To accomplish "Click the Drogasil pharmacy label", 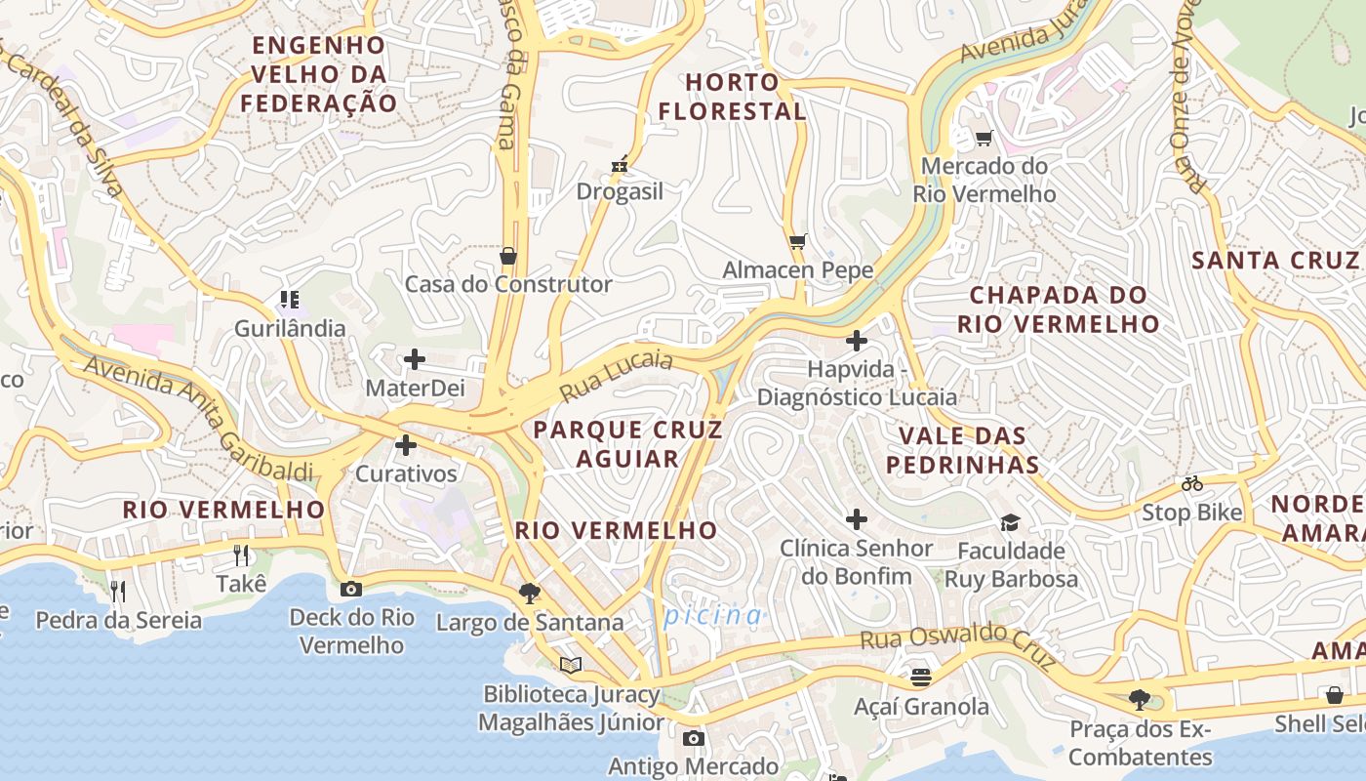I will click(620, 191).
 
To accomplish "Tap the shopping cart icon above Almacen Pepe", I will click(798, 241).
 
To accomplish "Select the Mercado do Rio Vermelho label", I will click(984, 180).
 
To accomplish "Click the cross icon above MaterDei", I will click(415, 359).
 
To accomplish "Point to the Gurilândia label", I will click(290, 328).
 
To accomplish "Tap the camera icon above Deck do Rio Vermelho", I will click(351, 589).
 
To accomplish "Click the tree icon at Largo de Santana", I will click(530, 593).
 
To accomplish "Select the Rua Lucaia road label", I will click(617, 377).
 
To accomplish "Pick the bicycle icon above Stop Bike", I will click(1191, 483).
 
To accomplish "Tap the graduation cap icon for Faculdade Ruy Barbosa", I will click(1010, 523).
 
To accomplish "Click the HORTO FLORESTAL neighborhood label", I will click(732, 97).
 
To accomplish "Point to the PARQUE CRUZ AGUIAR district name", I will click(627, 444).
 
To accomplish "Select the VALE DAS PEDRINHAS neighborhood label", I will click(963, 449).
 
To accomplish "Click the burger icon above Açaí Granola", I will click(920, 676).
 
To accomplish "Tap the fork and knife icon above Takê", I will click(241, 555).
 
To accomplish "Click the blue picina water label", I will click(713, 615).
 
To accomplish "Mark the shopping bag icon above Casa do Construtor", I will click(508, 256).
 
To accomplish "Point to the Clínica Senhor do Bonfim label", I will click(857, 561).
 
